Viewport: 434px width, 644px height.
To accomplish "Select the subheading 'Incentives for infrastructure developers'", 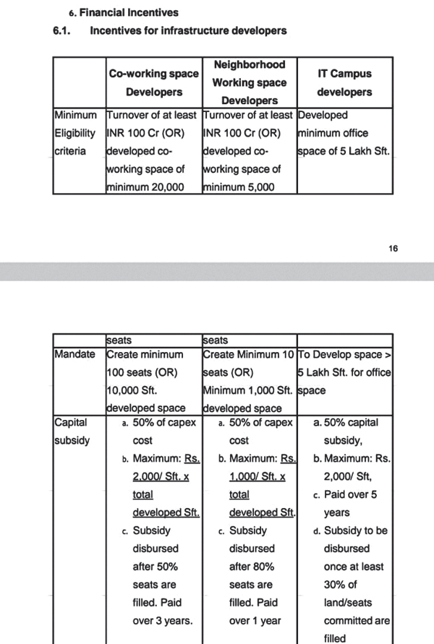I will (x=188, y=30).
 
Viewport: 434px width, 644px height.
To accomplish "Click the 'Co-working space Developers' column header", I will (x=153, y=82).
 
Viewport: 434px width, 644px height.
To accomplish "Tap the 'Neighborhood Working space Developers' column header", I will (x=250, y=82).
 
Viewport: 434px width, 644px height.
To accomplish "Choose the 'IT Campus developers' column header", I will (x=344, y=82).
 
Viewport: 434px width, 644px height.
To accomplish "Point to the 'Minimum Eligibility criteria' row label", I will (x=75, y=133).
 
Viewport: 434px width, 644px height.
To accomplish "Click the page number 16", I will (x=393, y=249).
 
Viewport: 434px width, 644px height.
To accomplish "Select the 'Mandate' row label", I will (x=75, y=355).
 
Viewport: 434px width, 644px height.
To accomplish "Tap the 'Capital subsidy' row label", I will (x=72, y=431).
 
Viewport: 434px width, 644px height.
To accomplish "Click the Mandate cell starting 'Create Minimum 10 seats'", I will (x=250, y=381).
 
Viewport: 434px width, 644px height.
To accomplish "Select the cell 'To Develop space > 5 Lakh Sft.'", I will (x=344, y=372).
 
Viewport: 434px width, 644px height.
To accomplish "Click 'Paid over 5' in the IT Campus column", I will (x=350, y=494).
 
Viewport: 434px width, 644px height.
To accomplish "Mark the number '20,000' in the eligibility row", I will (x=166, y=187).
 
